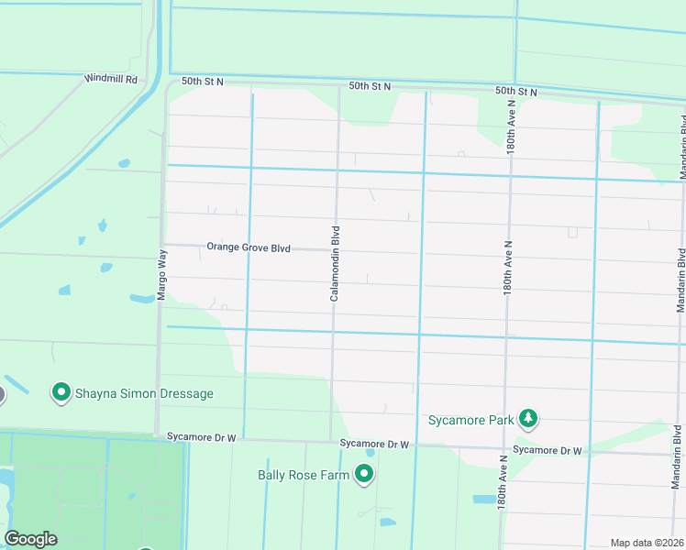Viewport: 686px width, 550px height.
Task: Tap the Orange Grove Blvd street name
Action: [248, 247]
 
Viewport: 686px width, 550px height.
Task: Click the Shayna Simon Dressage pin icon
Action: [61, 393]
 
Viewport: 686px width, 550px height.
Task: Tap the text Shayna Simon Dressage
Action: [145, 393]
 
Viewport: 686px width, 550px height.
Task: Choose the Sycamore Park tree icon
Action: [527, 419]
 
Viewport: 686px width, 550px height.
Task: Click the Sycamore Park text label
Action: [470, 421]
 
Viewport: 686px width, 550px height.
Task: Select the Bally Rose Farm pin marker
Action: [364, 474]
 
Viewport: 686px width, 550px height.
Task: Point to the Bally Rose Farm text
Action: [302, 475]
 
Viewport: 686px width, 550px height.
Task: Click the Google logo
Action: [30, 539]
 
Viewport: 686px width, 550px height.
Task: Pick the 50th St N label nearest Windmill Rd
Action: [203, 82]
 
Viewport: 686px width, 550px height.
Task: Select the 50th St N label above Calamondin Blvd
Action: [370, 86]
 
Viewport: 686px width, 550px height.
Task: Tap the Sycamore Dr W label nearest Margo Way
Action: [202, 438]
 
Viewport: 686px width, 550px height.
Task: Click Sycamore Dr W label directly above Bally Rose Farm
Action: [373, 444]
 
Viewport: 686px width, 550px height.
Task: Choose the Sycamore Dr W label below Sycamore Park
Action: [548, 450]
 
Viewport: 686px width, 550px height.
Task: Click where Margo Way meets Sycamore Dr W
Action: [159, 434]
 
